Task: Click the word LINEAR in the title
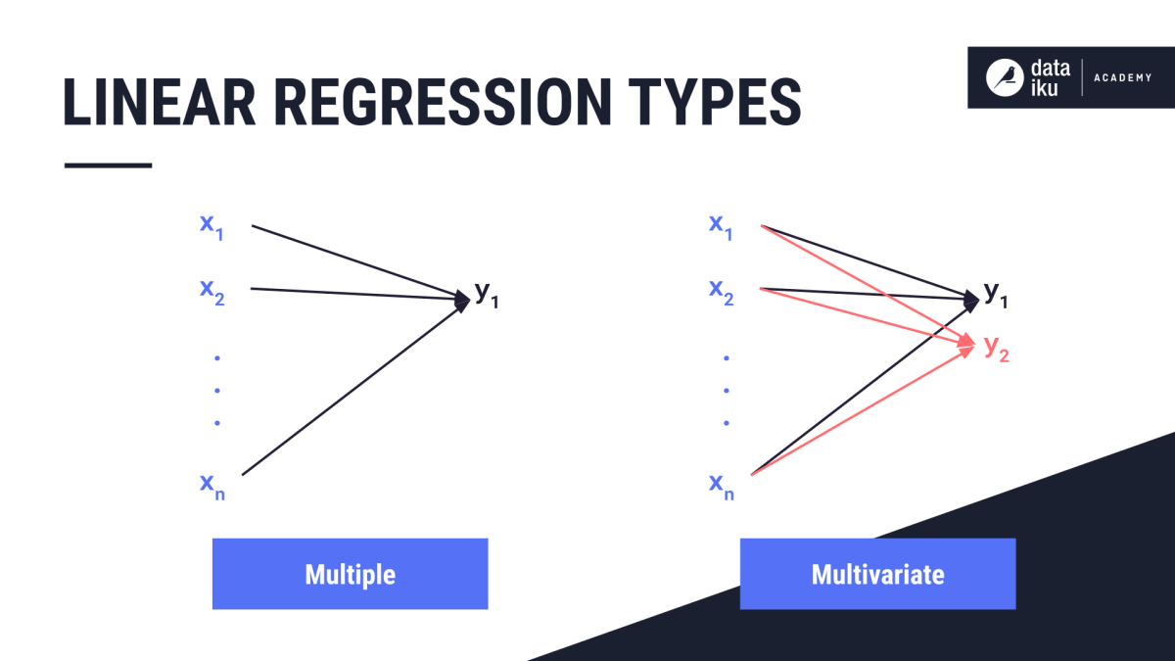point(159,102)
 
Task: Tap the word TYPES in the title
point(715,102)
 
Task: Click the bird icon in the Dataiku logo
point(1005,77)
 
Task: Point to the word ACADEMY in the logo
point(1123,77)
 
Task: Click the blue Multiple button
point(350,574)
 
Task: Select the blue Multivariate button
point(877,574)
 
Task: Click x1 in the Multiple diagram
point(211,226)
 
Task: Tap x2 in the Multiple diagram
point(211,292)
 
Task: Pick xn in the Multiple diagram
point(211,487)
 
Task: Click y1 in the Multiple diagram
point(487,295)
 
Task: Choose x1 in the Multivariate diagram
point(721,226)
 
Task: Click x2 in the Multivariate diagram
point(721,292)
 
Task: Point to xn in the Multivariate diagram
point(721,487)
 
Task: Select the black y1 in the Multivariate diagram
point(995,295)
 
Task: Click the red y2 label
point(996,349)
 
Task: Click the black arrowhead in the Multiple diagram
point(461,301)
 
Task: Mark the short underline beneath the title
point(108,165)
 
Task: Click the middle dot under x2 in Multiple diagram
point(217,391)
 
